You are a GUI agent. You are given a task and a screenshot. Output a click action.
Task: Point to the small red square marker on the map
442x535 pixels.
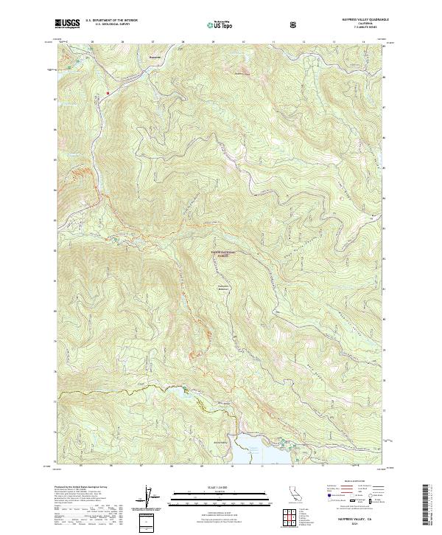coord(107,93)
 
